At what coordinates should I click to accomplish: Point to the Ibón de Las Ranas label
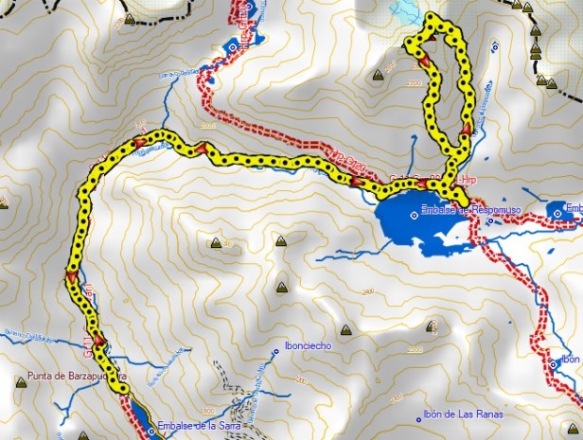465,414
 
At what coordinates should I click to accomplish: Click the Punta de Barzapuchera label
71,376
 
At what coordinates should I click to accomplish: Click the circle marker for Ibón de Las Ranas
419,416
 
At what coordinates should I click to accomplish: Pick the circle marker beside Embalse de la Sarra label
150,431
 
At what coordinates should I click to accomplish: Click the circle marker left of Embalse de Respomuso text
414,215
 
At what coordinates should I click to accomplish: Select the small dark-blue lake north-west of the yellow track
234,49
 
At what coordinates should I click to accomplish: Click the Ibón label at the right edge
569,359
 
